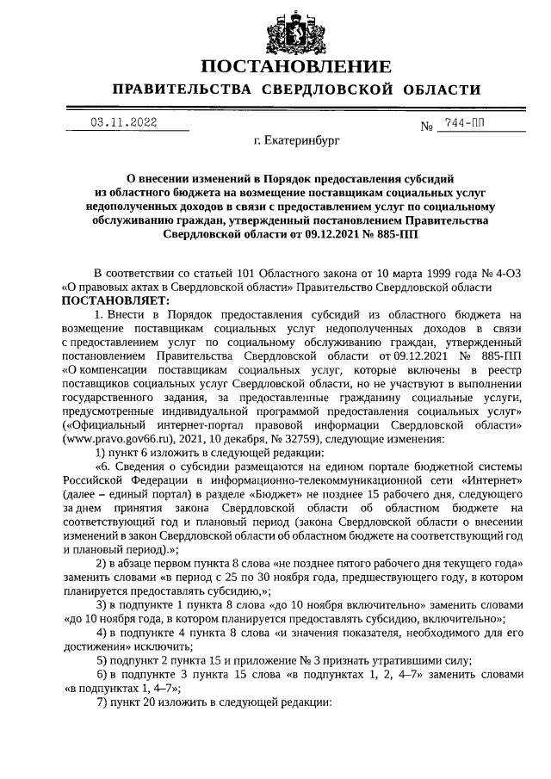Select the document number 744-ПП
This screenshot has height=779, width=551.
click(464, 123)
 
